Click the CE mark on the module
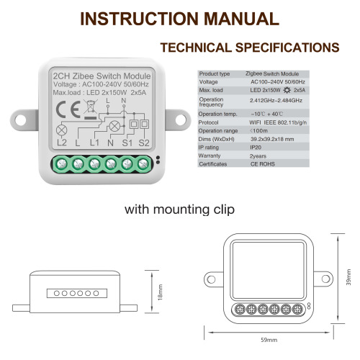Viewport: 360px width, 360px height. click(x=64, y=111)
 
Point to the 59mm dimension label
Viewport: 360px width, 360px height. click(x=269, y=339)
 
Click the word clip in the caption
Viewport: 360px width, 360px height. click(x=219, y=210)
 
